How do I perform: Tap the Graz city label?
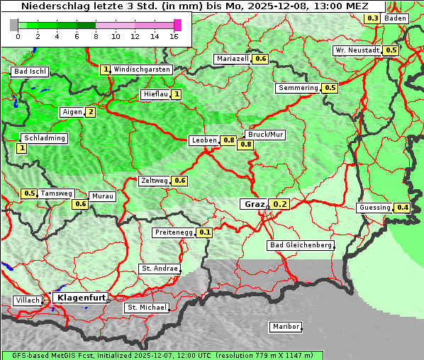coord(255,204)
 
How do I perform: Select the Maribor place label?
coord(286,327)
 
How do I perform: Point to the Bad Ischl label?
coord(30,72)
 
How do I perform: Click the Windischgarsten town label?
coord(142,69)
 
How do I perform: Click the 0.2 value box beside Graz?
coord(280,204)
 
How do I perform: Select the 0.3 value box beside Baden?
coord(372,18)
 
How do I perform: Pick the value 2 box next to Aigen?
coord(91,112)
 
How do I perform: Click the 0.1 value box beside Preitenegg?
coord(205,232)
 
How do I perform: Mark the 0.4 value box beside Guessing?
coord(403,208)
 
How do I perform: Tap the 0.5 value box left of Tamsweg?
coord(29,193)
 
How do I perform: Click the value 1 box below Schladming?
coord(22,148)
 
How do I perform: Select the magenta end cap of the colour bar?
coord(177,25)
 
